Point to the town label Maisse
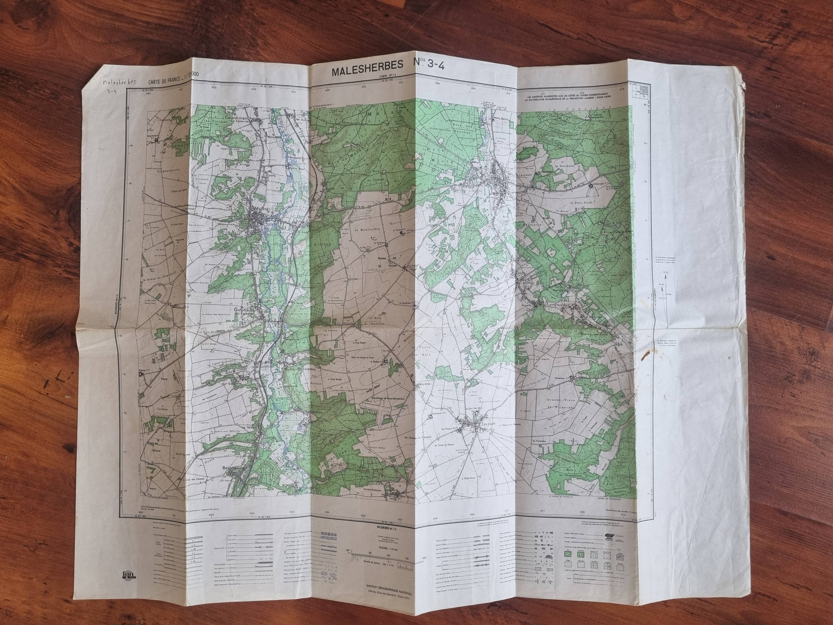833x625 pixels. tap(260, 208)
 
